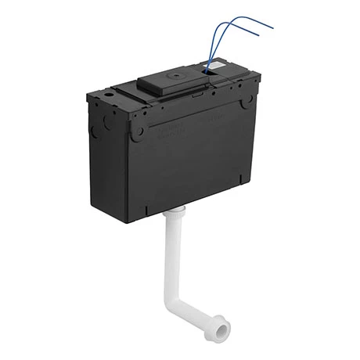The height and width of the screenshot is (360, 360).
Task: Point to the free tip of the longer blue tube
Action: pyautogui.click(x=273, y=27)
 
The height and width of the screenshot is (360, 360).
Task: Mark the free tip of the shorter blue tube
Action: pyautogui.click(x=260, y=35)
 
